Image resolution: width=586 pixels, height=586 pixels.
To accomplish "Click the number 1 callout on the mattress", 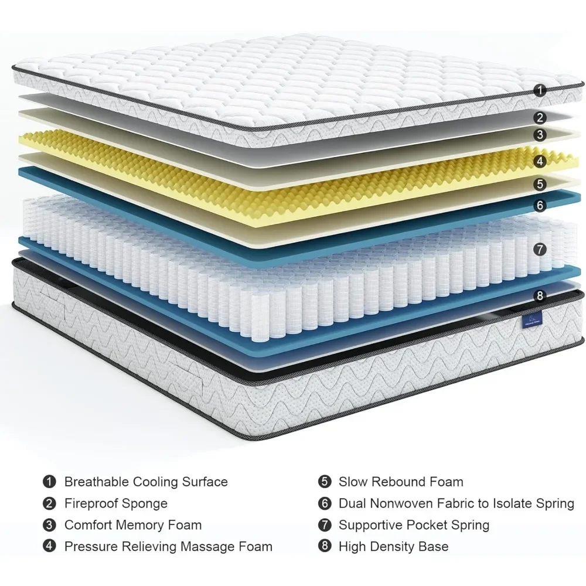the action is click(x=540, y=90).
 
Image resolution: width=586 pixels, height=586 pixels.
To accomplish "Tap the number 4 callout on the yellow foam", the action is click(x=540, y=161).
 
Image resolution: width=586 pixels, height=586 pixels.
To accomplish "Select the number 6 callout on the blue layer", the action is click(x=540, y=205).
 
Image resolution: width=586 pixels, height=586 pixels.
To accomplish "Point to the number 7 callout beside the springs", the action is click(x=540, y=249).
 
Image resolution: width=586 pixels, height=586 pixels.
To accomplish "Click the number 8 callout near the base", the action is click(x=540, y=295).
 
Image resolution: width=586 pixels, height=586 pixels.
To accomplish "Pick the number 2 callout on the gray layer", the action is click(x=540, y=118).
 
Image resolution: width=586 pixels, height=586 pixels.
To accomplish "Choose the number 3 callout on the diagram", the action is click(x=540, y=135).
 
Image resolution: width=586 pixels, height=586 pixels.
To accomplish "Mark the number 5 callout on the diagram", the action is click(x=540, y=184).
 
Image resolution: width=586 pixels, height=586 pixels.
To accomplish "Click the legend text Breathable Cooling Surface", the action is click(x=146, y=482).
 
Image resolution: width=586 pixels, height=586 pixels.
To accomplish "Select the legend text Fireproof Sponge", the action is click(x=115, y=503).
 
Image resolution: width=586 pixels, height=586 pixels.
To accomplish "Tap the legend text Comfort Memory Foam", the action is click(x=132, y=525).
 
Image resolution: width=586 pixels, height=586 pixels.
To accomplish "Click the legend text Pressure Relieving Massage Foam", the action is click(x=168, y=547).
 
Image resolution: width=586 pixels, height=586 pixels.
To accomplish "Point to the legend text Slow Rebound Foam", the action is click(x=401, y=482).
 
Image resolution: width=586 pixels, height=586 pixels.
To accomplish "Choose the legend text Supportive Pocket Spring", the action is click(x=414, y=525).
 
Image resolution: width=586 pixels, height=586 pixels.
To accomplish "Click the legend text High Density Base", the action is click(x=393, y=547).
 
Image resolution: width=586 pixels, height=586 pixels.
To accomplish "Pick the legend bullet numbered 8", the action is click(x=323, y=547).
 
